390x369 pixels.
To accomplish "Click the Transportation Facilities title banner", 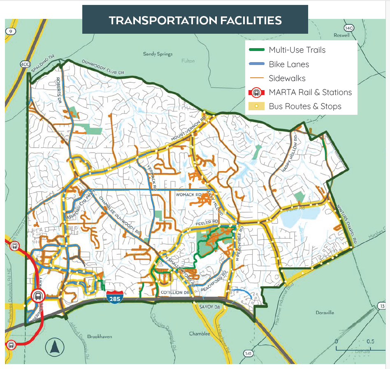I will (x=195, y=20).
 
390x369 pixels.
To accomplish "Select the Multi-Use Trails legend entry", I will (x=297, y=50).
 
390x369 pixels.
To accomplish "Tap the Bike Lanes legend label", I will (x=289, y=64).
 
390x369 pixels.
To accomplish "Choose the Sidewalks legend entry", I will (x=287, y=78).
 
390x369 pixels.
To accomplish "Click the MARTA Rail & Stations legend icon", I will (x=255, y=93).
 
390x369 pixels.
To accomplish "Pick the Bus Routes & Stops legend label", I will (x=305, y=107).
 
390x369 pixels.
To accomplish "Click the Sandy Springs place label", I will (x=158, y=54).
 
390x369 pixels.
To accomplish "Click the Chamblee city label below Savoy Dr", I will (x=200, y=334).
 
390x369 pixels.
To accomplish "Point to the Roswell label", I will (x=341, y=35).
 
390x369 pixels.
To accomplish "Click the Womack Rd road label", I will (x=188, y=194).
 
